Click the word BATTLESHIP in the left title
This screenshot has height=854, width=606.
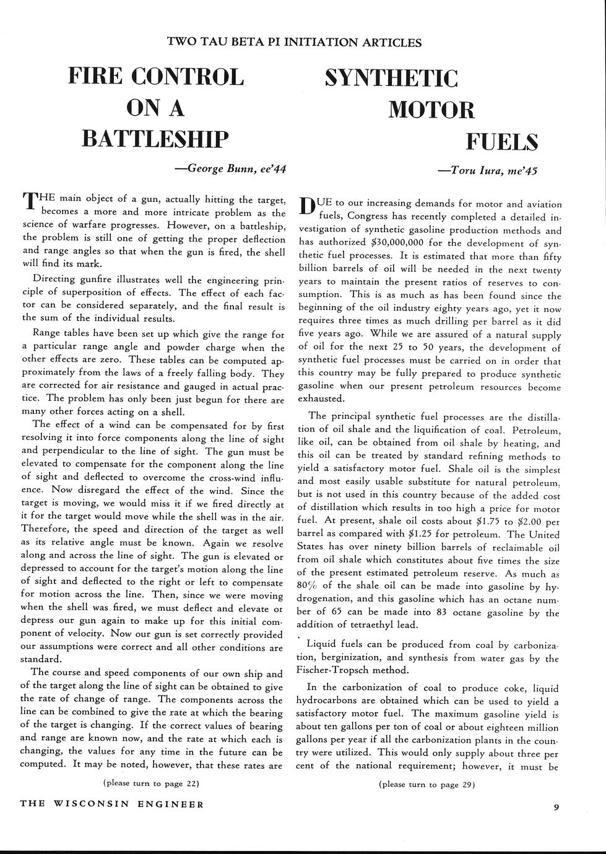coord(155,138)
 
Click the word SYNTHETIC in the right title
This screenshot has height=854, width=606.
coord(391,79)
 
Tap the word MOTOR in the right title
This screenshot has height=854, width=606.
coord(431,110)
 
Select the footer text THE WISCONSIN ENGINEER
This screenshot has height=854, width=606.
coord(112,804)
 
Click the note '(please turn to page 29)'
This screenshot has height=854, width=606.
coord(426,785)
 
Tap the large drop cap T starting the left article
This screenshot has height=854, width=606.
coord(30,202)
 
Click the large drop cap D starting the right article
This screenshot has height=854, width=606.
coord(308,207)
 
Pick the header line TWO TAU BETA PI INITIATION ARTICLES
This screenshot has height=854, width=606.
coord(295,42)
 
